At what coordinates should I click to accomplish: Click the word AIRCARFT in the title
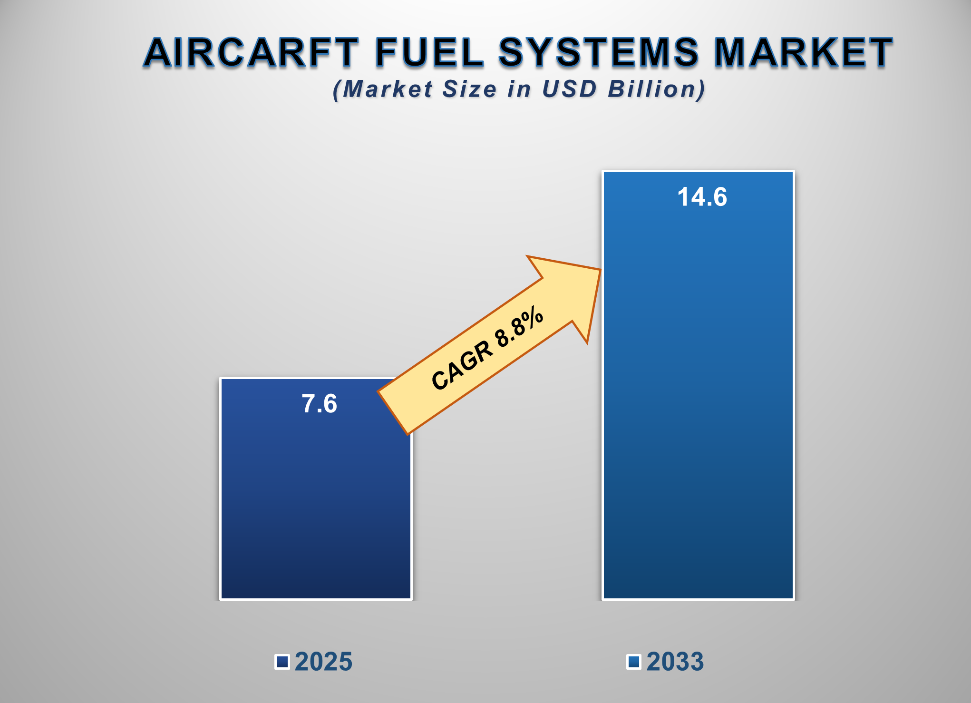click(x=251, y=52)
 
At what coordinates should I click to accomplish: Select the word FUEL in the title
click(x=429, y=52)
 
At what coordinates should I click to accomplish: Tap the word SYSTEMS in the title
click(x=599, y=52)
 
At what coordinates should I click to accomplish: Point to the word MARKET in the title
click(x=803, y=52)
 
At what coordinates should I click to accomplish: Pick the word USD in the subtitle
click(x=569, y=89)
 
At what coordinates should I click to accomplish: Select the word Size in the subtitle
click(x=469, y=89)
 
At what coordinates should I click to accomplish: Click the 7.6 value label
click(x=320, y=404)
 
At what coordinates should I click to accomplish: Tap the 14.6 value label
click(x=702, y=197)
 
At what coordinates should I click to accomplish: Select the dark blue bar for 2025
click(x=316, y=514)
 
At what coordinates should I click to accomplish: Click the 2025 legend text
click(x=323, y=662)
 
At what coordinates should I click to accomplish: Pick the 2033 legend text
click(x=675, y=662)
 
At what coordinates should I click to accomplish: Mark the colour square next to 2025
click(x=282, y=662)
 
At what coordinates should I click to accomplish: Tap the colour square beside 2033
click(x=634, y=662)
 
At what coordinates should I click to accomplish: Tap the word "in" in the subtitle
click(x=519, y=89)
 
